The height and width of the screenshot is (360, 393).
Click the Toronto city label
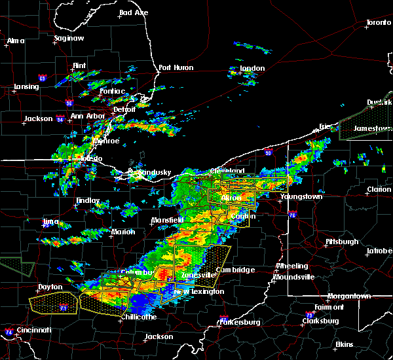pos(378,22)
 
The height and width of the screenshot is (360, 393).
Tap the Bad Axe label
pos(133,12)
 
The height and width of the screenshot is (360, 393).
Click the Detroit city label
pos(124,109)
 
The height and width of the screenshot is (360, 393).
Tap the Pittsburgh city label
pos(342,242)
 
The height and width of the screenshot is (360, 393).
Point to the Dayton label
pos(50,287)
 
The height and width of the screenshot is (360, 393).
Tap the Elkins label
pos(345,344)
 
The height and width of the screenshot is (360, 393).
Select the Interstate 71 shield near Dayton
pos(64,306)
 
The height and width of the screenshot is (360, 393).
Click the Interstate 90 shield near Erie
pos(269,153)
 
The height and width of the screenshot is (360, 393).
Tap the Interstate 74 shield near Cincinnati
pos(8,333)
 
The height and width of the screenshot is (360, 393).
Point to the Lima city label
pos(51,221)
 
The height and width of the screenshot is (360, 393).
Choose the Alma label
pos(15,41)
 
